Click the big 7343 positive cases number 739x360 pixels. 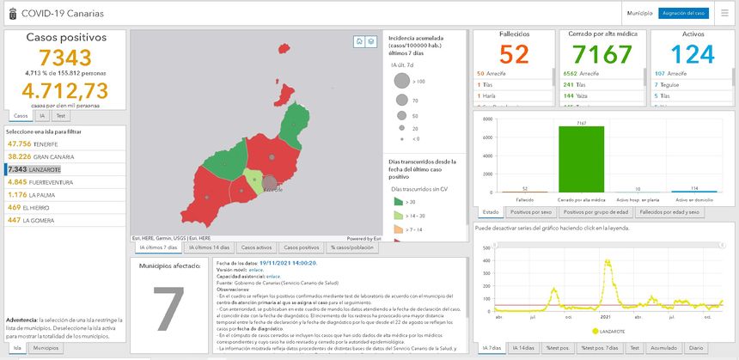click(66, 58)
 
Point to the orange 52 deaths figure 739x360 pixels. click(514, 55)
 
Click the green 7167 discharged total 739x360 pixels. click(601, 55)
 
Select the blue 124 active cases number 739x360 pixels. click(687, 55)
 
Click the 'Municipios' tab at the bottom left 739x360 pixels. click(45, 349)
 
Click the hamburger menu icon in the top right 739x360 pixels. click(724, 14)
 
